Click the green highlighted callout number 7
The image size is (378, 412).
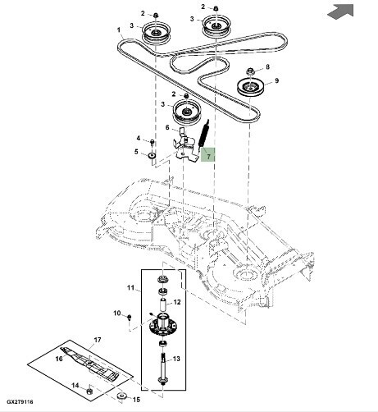208,157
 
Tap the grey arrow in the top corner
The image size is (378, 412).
342,11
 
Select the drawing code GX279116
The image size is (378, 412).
20,401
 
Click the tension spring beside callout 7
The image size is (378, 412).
204,134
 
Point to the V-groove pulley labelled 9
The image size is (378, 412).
250,87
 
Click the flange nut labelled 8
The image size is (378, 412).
250,71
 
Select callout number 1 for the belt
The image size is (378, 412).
119,30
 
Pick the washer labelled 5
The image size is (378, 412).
152,155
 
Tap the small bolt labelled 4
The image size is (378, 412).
153,142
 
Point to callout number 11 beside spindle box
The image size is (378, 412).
130,287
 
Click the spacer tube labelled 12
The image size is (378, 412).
163,305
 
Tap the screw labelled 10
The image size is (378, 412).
130,318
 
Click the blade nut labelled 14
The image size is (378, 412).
89,391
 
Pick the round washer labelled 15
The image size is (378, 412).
121,396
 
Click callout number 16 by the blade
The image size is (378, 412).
59,359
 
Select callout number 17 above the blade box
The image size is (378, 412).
98,340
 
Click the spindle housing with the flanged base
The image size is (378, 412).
163,326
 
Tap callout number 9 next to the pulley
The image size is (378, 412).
276,80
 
